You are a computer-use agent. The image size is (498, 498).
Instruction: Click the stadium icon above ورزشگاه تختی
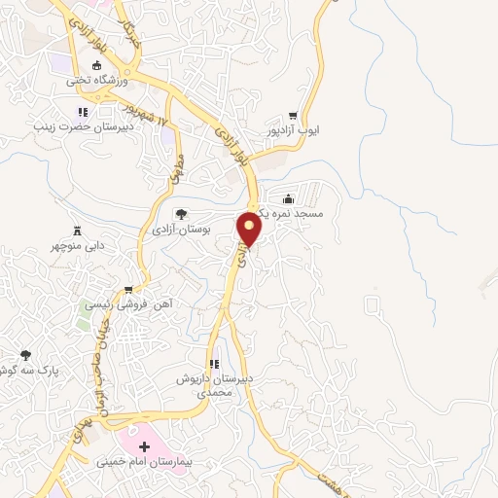click(x=95, y=66)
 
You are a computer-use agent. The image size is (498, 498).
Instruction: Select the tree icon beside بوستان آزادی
click(x=180, y=213)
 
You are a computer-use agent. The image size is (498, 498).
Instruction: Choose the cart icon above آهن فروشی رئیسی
click(x=127, y=290)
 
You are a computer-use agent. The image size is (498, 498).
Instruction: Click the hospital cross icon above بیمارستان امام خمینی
click(x=144, y=445)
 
